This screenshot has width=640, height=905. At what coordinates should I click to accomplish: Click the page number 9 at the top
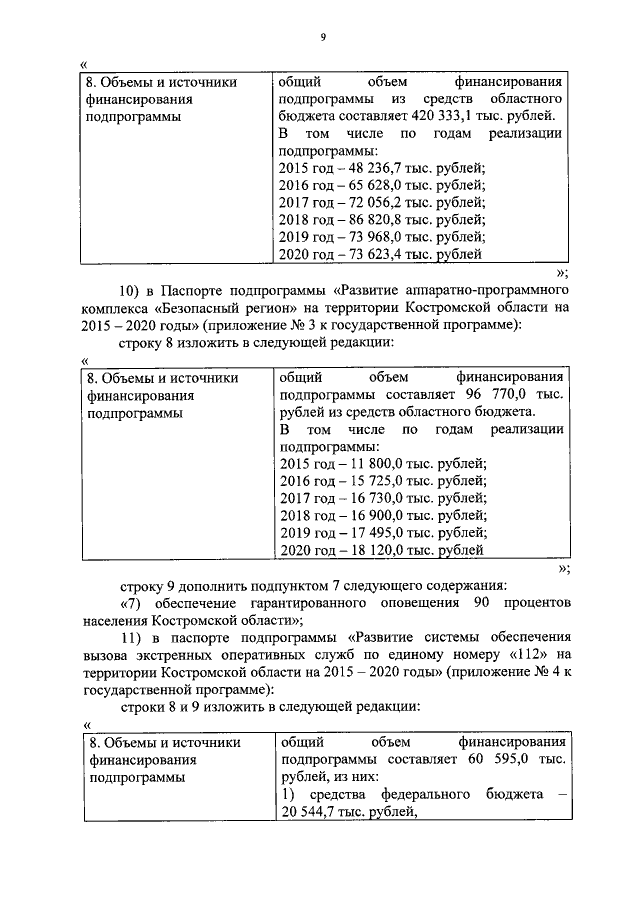323,38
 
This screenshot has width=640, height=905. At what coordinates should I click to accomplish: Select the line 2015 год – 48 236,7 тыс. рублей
382,167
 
